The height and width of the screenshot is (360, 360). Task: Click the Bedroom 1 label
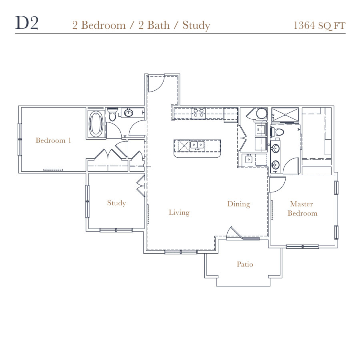(53, 140)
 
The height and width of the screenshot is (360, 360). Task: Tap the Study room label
(116, 203)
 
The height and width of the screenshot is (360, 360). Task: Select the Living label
(179, 212)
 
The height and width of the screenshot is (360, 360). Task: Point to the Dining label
(239, 204)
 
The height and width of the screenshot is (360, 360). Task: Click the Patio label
(245, 264)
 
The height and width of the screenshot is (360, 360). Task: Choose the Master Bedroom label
(302, 208)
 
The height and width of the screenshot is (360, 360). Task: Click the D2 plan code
(27, 23)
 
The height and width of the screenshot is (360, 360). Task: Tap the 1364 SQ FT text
(319, 26)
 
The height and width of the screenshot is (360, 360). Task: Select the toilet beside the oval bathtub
(112, 114)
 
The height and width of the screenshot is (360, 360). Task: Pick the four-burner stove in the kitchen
(198, 113)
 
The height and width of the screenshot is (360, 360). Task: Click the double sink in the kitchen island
(197, 145)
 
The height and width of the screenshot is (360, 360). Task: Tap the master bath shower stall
(285, 115)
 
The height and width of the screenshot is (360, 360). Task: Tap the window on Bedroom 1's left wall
(20, 139)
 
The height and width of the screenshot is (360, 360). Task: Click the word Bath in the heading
(158, 25)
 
